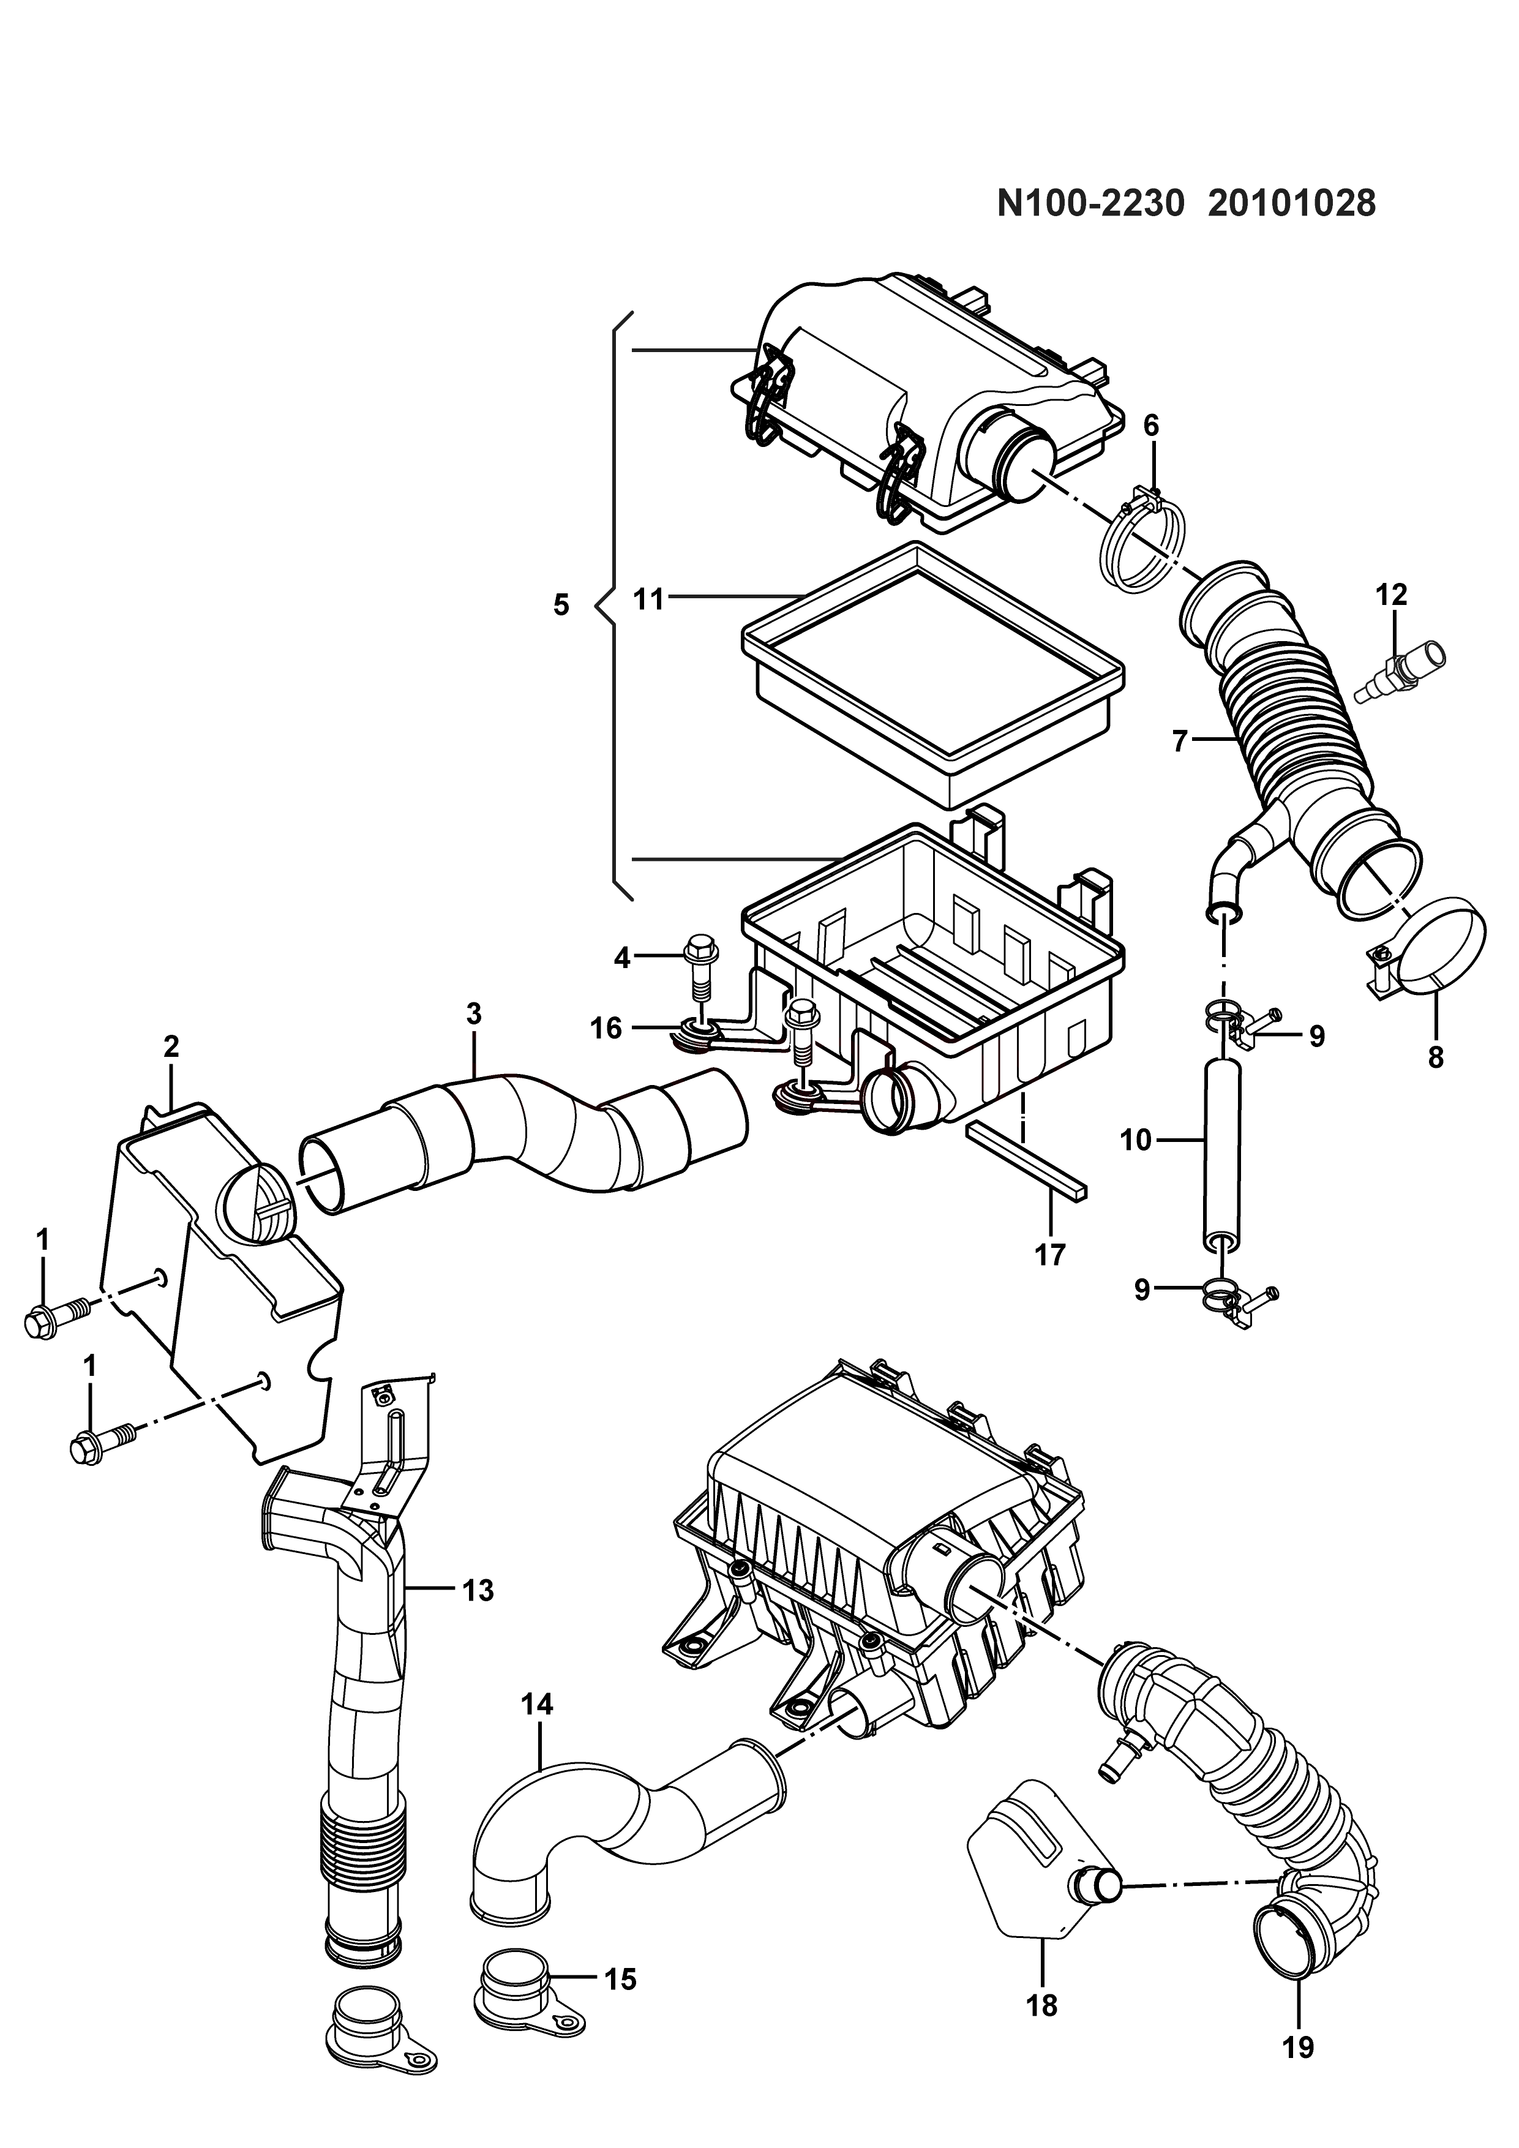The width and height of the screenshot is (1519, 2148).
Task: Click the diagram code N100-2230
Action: point(1090,203)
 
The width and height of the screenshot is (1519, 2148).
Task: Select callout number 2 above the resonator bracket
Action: point(171,1046)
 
